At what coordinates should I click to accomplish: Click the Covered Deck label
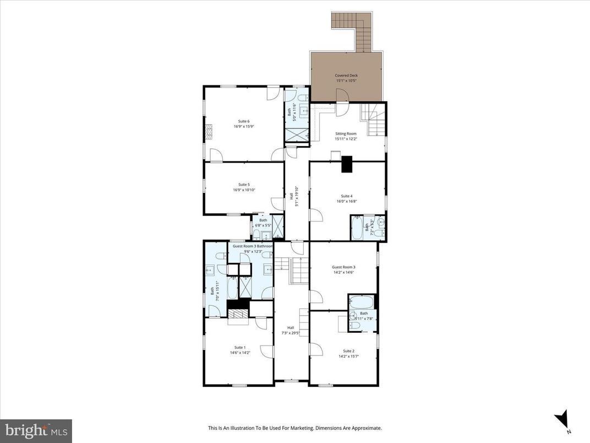point(346,75)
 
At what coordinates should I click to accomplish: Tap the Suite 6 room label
point(244,121)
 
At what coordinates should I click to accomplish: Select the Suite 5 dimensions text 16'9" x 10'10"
point(244,190)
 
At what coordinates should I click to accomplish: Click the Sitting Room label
point(346,134)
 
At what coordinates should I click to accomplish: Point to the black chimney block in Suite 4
point(347,165)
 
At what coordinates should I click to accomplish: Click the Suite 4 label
point(346,196)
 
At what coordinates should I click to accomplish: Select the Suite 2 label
point(348,350)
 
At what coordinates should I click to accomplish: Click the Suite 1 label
point(240,347)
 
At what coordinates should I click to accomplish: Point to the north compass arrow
point(562,420)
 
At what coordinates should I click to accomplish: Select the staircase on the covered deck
point(356,31)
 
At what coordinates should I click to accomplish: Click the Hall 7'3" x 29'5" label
point(291,330)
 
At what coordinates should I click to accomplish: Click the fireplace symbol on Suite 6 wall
point(208,132)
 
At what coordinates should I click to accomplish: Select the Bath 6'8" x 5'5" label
point(263,223)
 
